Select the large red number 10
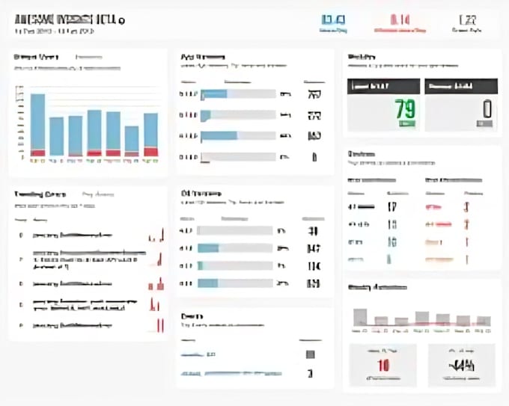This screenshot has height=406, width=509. (383, 366)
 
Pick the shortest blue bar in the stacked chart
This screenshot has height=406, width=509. (132, 138)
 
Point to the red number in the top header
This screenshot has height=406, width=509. (400, 20)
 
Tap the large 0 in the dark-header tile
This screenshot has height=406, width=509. (487, 108)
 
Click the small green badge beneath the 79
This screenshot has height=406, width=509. (407, 124)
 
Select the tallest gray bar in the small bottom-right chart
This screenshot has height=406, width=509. (360, 316)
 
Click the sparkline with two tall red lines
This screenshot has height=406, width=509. (159, 325)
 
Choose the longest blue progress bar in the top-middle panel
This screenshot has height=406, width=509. (219, 136)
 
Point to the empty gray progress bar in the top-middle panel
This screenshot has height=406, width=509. (240, 157)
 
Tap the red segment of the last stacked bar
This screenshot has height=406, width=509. (150, 152)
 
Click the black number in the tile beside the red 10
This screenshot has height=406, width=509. (462, 366)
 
